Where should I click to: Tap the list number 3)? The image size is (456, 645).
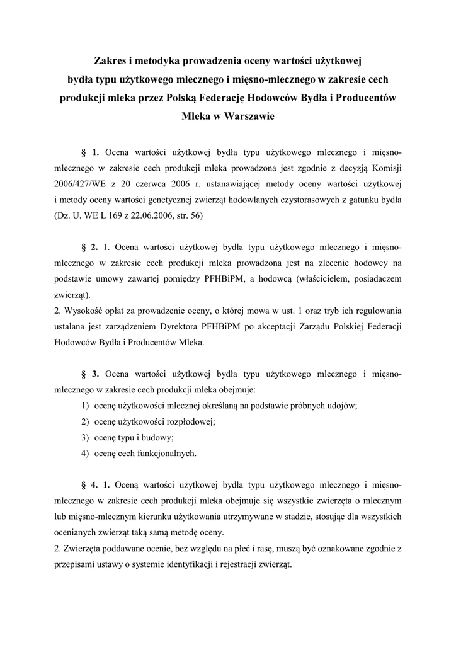[x=84, y=437]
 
